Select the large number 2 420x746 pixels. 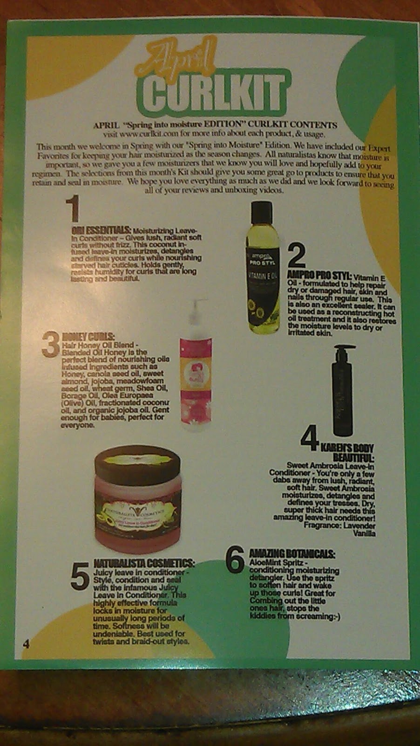[297, 256]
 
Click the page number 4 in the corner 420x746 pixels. [26, 644]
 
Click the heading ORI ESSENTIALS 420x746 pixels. [102, 230]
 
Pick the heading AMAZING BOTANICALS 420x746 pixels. [292, 554]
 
